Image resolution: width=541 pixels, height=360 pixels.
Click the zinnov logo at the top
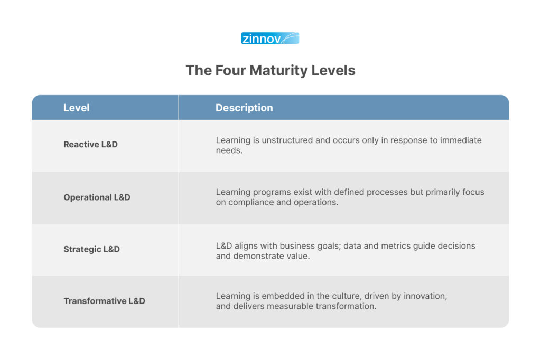click(270, 39)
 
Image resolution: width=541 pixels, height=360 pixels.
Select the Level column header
click(76, 108)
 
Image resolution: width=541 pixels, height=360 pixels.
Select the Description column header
click(244, 108)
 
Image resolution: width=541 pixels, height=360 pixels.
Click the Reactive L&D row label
click(90, 144)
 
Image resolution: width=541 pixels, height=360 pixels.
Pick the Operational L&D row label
click(97, 197)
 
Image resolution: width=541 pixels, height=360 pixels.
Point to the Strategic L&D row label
click(91, 249)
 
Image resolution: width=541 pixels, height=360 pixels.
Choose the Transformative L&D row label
click(104, 301)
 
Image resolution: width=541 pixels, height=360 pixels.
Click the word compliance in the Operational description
click(249, 202)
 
